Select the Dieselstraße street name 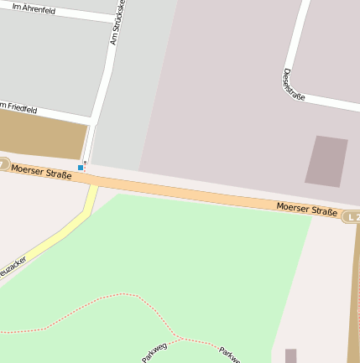point(294,84)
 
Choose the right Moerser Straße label point(306,209)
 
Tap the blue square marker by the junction point(81,168)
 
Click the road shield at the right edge point(352,217)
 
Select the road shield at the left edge point(3,165)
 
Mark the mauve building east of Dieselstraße point(326,160)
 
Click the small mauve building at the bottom point(290,355)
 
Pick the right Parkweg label point(229,354)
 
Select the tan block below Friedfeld point(42,135)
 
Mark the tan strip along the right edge point(353,293)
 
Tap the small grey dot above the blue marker point(85,161)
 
